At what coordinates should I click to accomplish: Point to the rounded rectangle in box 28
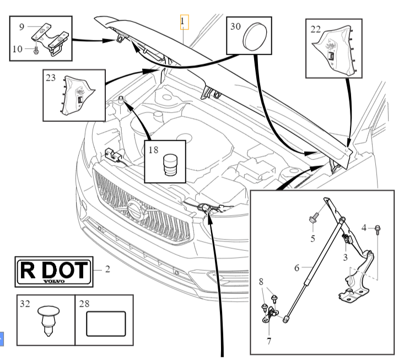[x=106, y=324]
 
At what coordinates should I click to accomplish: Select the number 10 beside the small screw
[x=17, y=49]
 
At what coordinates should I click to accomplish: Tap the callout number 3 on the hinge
[x=344, y=257]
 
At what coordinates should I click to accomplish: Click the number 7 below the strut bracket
[x=268, y=340]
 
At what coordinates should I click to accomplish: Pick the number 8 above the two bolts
[x=261, y=282]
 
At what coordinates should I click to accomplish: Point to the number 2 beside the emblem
[x=108, y=270]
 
